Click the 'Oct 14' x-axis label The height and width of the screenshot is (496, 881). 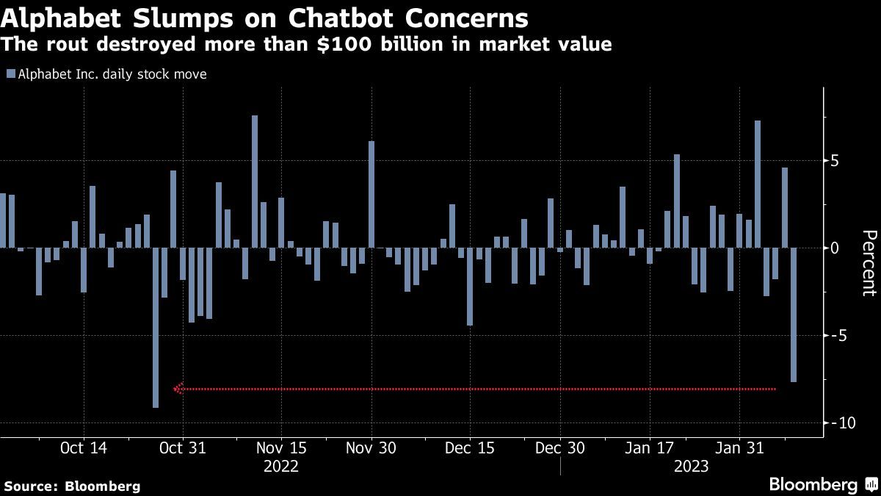[x=84, y=448]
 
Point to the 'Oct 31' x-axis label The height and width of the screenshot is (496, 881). [x=182, y=448]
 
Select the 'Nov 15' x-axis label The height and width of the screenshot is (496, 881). [x=280, y=448]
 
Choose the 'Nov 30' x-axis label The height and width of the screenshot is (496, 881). [x=371, y=448]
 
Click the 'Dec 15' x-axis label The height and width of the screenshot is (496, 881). [x=470, y=448]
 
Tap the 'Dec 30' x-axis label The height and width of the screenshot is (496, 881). [x=560, y=448]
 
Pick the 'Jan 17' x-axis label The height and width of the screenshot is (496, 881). [x=649, y=448]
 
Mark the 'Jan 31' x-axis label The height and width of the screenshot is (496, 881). [x=739, y=448]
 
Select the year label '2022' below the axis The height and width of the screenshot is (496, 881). [x=280, y=467]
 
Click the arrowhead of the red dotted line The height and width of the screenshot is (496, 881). [x=177, y=389]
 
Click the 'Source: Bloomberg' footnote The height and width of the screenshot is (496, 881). [x=72, y=486]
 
